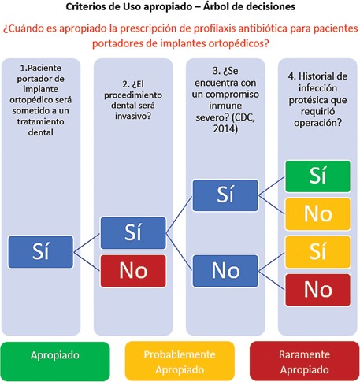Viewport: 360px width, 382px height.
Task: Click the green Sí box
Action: pyautogui.click(x=317, y=176)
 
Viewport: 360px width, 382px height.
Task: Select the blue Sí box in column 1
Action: pyautogui.click(x=41, y=252)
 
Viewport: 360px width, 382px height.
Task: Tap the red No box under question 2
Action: pyautogui.click(x=133, y=271)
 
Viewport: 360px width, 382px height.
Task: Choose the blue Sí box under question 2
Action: pyautogui.click(x=133, y=233)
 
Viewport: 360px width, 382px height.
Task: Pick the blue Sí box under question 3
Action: pyautogui.click(x=225, y=195)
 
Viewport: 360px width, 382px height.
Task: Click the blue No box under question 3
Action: pyautogui.click(x=225, y=271)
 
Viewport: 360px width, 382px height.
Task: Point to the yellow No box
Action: pyautogui.click(x=317, y=214)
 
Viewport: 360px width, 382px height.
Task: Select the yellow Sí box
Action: pyautogui.click(x=317, y=252)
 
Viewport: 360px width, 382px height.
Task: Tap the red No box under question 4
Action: pyautogui.click(x=317, y=290)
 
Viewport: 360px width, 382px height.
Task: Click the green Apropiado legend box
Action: pyautogui.click(x=55, y=362)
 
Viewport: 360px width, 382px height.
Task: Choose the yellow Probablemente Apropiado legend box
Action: pyautogui.click(x=180, y=362)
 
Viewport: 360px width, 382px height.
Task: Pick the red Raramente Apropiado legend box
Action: pyautogui.click(x=305, y=362)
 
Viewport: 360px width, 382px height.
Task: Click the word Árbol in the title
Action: pyautogui.click(x=215, y=6)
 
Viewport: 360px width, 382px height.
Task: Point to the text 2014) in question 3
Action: pyautogui.click(x=225, y=128)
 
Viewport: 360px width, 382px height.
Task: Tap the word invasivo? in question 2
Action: pyautogui.click(x=133, y=116)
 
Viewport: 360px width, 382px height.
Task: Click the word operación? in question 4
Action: pyautogui.click(x=317, y=123)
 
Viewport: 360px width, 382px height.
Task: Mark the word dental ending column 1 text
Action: pyautogui.click(x=41, y=132)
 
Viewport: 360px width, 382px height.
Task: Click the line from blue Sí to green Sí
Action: pyautogui.click(x=272, y=186)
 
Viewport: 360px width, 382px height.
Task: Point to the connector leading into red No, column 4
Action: pyautogui.click(x=272, y=280)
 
